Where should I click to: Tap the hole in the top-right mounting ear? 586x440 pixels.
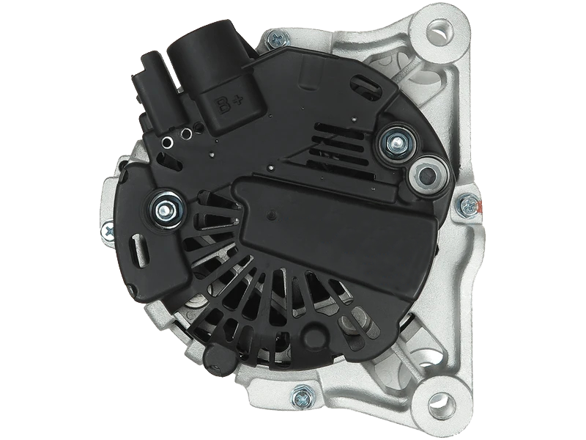tap(439, 30)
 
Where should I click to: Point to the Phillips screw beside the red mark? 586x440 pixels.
tap(467, 205)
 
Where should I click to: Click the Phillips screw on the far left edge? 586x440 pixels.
tap(109, 232)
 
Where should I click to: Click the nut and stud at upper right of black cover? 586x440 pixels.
tap(397, 142)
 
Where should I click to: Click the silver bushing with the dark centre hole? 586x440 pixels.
tap(428, 175)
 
